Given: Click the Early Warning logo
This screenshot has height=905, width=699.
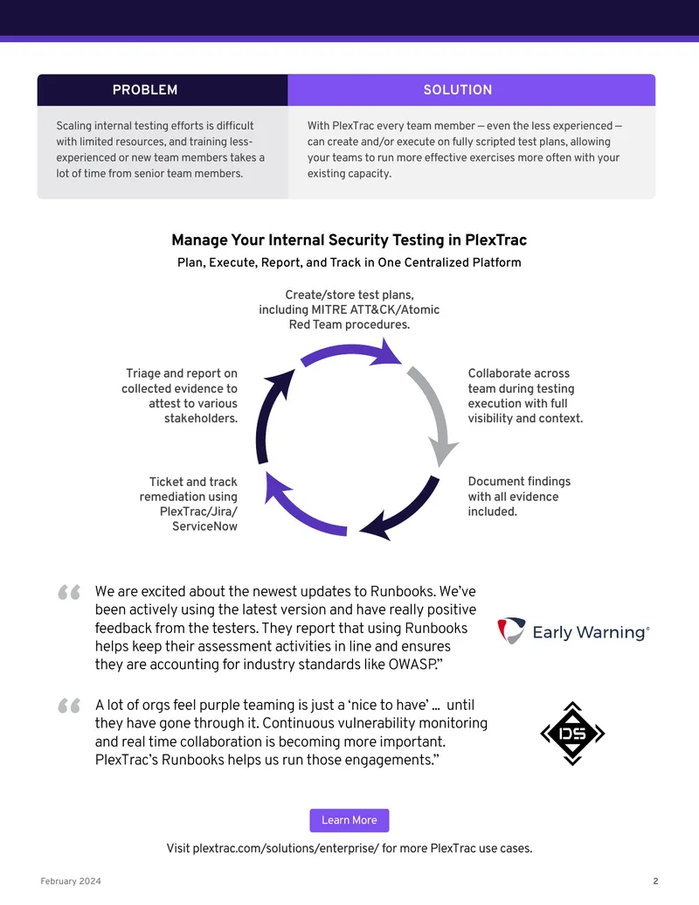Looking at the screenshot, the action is [x=573, y=630].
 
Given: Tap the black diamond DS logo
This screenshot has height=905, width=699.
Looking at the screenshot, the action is [x=572, y=734].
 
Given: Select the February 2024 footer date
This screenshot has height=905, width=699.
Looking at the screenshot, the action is [x=71, y=881].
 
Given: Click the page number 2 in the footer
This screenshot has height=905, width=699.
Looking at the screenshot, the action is [x=655, y=881].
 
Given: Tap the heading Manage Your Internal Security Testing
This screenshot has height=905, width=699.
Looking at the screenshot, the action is [x=349, y=240].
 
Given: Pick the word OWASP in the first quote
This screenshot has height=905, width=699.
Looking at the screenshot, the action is [x=412, y=665].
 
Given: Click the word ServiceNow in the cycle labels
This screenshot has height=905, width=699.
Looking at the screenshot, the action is [x=204, y=526].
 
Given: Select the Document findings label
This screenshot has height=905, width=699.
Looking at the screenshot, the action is [x=519, y=497].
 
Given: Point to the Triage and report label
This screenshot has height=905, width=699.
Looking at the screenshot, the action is [x=179, y=396].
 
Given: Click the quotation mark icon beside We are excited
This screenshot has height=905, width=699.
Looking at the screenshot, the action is [x=69, y=592].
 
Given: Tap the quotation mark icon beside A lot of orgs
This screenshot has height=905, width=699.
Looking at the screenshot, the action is [x=69, y=706].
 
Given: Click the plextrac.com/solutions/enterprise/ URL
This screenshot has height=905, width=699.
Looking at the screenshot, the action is [x=286, y=848].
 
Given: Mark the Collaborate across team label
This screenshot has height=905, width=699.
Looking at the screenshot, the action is [x=525, y=396].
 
